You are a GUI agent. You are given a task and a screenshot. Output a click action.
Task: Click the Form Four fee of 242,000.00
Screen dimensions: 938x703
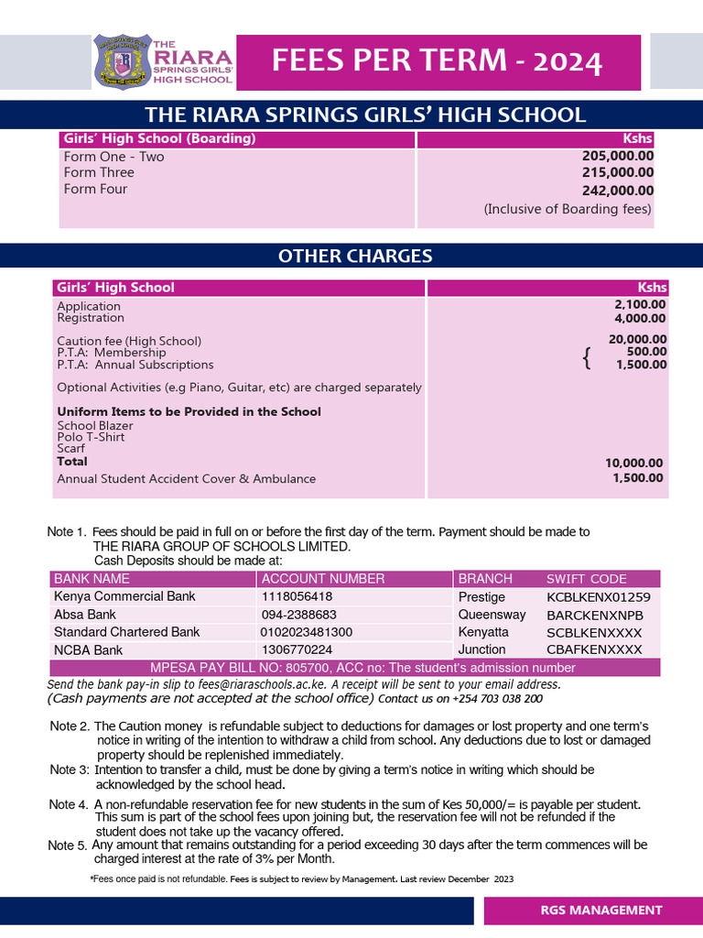pyautogui.click(x=618, y=191)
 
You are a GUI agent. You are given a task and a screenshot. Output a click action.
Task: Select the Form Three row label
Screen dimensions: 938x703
pyautogui.click(x=99, y=172)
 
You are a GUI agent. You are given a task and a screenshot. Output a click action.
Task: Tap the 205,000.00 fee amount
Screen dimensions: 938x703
pyautogui.click(x=618, y=157)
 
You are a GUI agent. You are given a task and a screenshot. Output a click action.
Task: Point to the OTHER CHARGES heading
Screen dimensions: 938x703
pyautogui.click(x=355, y=256)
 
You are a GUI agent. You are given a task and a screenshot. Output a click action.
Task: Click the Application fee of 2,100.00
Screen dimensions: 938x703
pyautogui.click(x=640, y=304)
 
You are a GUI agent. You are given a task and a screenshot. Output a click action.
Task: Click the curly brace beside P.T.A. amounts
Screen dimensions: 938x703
pyautogui.click(x=587, y=359)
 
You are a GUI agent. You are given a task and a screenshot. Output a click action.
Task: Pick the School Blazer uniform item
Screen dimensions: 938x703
pyautogui.click(x=95, y=425)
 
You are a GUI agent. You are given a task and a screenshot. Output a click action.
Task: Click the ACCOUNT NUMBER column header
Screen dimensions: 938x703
pyautogui.click(x=323, y=579)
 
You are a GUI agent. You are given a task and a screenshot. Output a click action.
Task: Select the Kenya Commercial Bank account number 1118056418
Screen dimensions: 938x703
pyautogui.click(x=297, y=596)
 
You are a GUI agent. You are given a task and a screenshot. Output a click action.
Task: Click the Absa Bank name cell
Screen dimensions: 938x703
pyautogui.click(x=85, y=615)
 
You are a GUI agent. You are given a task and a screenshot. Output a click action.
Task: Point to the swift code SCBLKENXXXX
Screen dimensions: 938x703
pyautogui.click(x=594, y=633)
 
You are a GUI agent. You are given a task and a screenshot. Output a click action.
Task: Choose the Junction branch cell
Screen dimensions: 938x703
pyautogui.click(x=481, y=649)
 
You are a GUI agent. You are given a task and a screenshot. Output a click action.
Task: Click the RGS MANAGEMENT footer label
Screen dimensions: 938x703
pyautogui.click(x=600, y=910)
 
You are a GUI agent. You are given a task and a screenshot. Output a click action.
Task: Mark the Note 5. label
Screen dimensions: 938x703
pyautogui.click(x=68, y=845)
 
